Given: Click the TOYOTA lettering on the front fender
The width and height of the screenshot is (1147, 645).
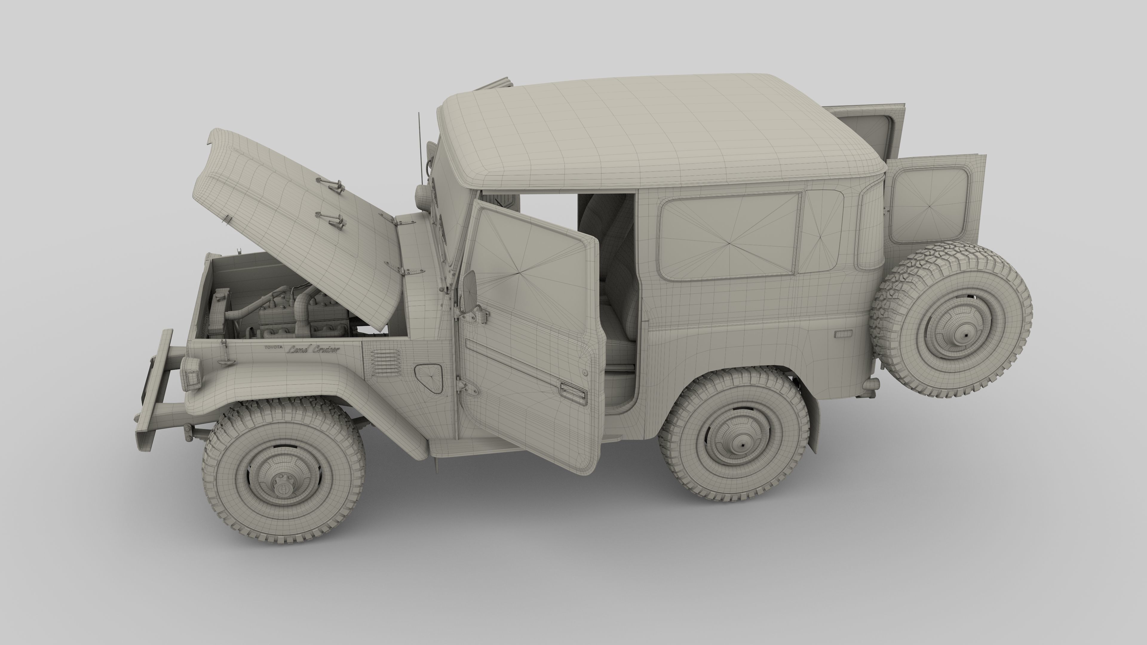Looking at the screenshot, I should (273, 347).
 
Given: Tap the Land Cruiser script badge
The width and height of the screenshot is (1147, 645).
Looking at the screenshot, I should (313, 349).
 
